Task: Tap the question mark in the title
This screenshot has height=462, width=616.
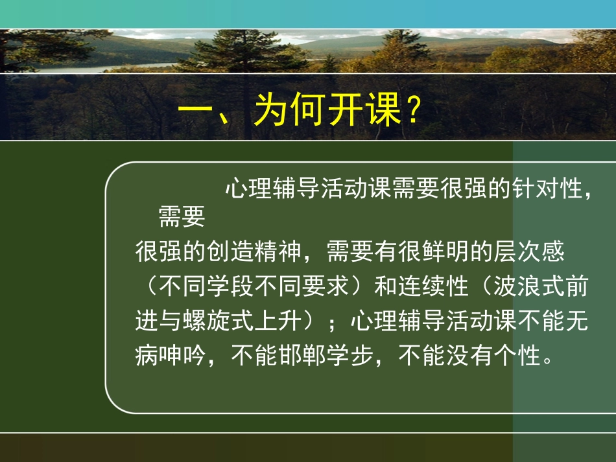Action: [x=410, y=111]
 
